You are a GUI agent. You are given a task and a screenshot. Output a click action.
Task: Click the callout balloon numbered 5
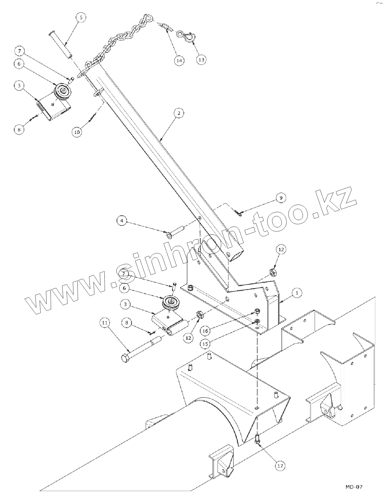click(x=81, y=18)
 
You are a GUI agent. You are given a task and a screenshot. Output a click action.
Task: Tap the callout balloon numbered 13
click(x=201, y=60)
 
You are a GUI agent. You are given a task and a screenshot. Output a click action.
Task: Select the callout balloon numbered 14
click(x=179, y=61)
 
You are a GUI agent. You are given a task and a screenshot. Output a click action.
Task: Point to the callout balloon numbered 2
click(x=179, y=113)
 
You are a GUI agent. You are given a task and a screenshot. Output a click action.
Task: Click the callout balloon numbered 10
click(x=77, y=132)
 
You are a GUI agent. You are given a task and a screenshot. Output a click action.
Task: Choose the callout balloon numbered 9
click(x=281, y=198)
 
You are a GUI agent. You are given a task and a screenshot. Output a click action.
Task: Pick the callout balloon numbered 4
click(x=122, y=221)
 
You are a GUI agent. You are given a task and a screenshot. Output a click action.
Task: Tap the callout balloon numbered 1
click(x=297, y=293)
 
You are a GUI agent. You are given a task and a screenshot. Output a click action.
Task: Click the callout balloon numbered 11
click(x=105, y=323)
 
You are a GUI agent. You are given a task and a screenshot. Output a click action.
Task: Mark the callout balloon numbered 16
click(x=205, y=331)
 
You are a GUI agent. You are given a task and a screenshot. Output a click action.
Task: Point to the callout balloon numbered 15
click(x=205, y=344)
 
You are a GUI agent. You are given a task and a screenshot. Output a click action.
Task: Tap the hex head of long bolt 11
click(x=125, y=358)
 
